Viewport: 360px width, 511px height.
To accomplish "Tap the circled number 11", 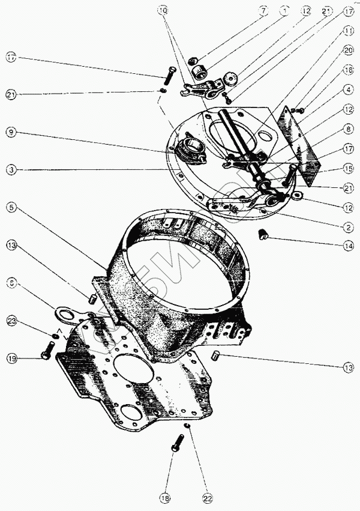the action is point(349,31).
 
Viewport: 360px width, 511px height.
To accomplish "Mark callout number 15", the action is point(349,168).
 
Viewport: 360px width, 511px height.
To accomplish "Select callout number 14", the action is point(349,246).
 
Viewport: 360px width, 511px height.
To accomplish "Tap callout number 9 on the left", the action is point(11,132).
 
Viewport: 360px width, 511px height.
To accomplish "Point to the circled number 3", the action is point(11,170).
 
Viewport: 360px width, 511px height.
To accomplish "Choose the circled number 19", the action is point(11,358).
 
